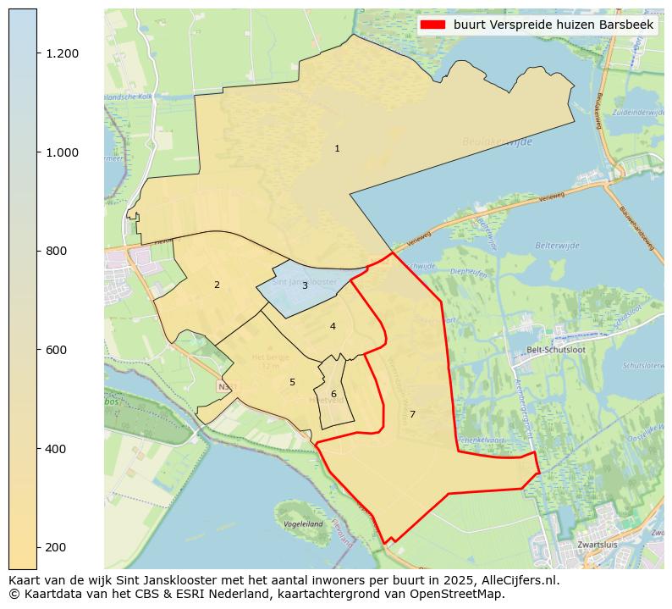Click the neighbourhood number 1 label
[x=337, y=149]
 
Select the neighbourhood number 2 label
[x=217, y=285]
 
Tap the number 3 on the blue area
[x=305, y=286]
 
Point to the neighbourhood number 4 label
[x=333, y=327]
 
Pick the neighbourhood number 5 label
[x=292, y=383]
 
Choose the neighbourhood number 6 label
[x=333, y=395]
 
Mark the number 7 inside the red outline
[x=412, y=415]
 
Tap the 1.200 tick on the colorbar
[x=62, y=53]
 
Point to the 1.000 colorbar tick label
[x=62, y=152]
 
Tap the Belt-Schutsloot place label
[x=550, y=349]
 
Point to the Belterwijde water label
[x=557, y=246]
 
